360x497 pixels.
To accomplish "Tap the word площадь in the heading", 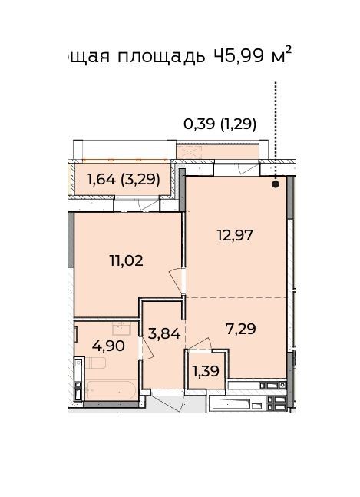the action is pos(161,57).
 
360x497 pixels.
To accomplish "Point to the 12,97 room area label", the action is pos(235,236).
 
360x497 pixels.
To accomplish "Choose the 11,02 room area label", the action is pos(126,260).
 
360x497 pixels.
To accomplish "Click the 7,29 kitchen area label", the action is pos(240,329).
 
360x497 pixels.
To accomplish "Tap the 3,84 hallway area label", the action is pos(164,333).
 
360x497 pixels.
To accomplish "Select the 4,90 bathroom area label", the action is pos(108,346).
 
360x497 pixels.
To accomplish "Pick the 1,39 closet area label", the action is pos(206,371).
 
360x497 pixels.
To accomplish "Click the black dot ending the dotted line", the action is pos(276,184).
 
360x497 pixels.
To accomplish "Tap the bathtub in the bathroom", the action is pos(111,390).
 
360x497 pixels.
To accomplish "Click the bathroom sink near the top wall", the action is pos(121,329).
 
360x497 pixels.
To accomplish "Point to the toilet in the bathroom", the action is pos(91,363).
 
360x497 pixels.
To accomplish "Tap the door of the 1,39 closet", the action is pos(200,343).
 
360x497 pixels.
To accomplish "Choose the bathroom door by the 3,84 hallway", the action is pos(147,348).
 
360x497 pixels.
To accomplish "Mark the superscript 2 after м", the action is pos(288,49).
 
